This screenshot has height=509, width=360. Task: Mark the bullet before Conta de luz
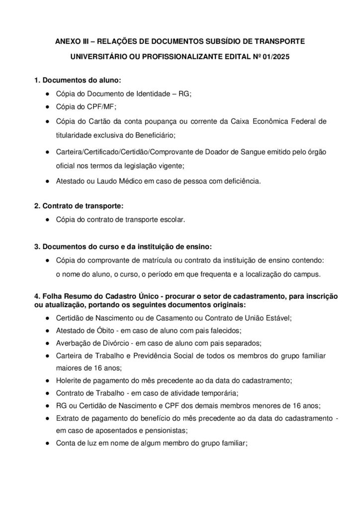point(46,444)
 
